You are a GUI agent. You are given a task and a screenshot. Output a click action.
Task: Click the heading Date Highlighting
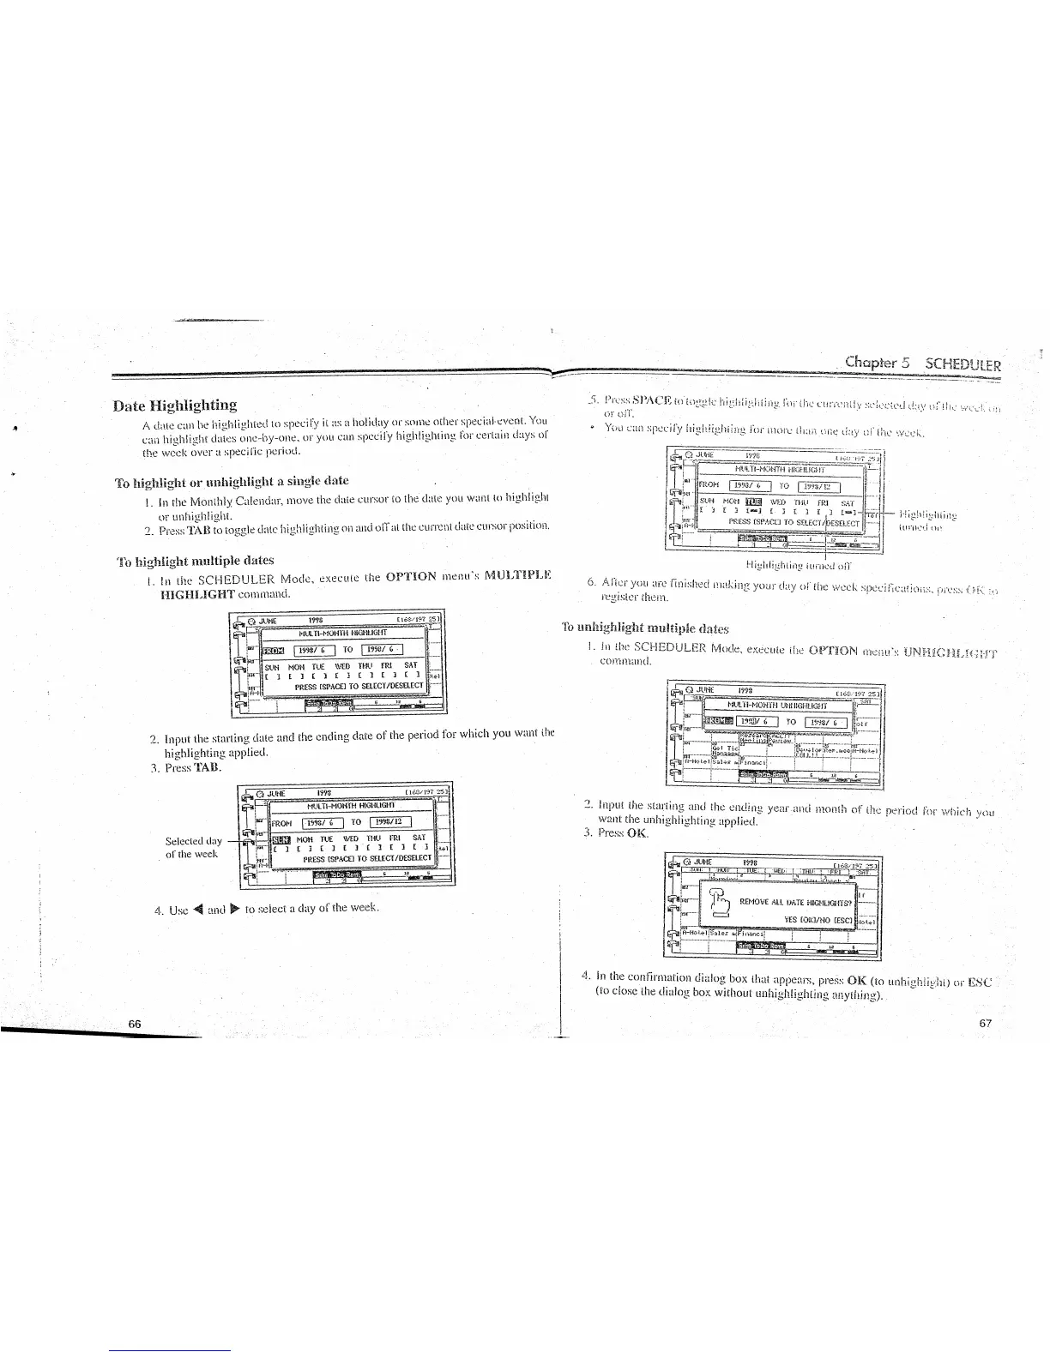click(177, 405)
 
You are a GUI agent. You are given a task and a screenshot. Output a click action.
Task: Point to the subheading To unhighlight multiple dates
click(645, 627)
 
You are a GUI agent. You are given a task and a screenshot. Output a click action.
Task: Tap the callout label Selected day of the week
click(194, 847)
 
